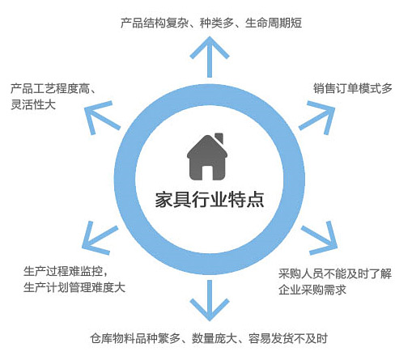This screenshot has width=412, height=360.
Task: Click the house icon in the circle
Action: [x=207, y=158]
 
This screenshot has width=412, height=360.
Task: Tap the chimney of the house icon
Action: [x=219, y=138]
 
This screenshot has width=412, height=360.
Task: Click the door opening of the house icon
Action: [x=207, y=173]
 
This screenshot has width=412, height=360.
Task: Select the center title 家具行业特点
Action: [x=210, y=200]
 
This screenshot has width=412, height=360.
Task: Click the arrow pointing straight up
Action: [x=210, y=57]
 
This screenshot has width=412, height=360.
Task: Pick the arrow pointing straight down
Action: [x=210, y=300]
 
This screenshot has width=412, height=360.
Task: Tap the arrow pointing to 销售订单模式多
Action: [x=317, y=118]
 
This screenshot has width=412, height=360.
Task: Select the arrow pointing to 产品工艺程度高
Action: [x=102, y=118]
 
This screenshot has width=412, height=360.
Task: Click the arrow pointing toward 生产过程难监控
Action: [x=100, y=238]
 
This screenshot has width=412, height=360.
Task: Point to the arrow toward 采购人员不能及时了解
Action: [x=320, y=238]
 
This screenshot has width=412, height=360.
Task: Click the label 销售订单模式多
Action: [x=352, y=88]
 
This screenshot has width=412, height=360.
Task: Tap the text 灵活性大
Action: [x=33, y=104]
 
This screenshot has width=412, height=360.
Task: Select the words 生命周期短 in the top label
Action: [x=274, y=23]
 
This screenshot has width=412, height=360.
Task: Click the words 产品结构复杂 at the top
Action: [x=154, y=23]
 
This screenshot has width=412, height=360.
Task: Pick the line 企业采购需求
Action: [x=312, y=290]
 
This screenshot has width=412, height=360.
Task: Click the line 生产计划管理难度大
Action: [x=74, y=287]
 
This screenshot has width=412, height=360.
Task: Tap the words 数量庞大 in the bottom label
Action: [x=214, y=338]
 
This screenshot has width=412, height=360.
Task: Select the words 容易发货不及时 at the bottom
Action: [x=288, y=338]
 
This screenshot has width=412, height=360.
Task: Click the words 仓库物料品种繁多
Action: [x=135, y=338]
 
